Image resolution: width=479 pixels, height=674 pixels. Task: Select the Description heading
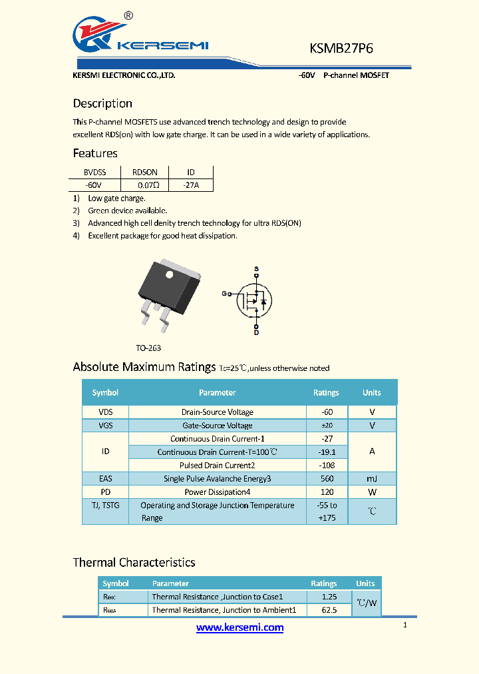coord(102,103)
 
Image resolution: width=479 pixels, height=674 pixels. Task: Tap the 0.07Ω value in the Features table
coord(148,184)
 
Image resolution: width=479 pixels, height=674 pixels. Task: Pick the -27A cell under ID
coord(190,184)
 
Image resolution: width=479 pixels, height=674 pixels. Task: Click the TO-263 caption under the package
coord(148,348)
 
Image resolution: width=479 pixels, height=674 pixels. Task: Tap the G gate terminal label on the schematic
coord(224,293)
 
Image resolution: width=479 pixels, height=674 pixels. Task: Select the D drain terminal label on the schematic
coord(256,332)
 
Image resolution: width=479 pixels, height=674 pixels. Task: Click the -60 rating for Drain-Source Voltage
coord(326,412)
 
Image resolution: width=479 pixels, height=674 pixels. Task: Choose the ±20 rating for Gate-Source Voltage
coord(326,426)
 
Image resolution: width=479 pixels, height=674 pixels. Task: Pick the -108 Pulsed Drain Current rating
coord(326,465)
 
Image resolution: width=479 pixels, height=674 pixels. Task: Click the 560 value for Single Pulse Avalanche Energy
coord(326,478)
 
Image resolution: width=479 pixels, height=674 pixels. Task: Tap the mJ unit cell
coord(372,478)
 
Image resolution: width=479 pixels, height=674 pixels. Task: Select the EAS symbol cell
coord(105,478)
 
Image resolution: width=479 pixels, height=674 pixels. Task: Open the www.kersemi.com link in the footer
coord(239,627)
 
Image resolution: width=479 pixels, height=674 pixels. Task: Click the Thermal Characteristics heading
coord(134,563)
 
